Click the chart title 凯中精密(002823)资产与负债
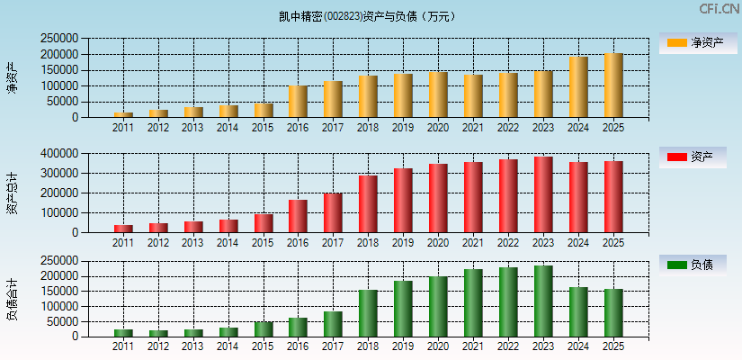tap(367, 16)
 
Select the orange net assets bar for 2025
tap(613, 85)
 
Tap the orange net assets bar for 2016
tap(298, 102)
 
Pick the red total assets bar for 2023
tap(543, 194)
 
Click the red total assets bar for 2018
tap(368, 204)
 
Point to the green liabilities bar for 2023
tap(543, 301)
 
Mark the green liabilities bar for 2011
tap(123, 333)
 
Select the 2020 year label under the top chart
tap(438, 128)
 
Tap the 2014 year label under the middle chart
tap(228, 243)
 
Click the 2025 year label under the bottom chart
tap(612, 346)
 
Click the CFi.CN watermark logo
tap(719, 9)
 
